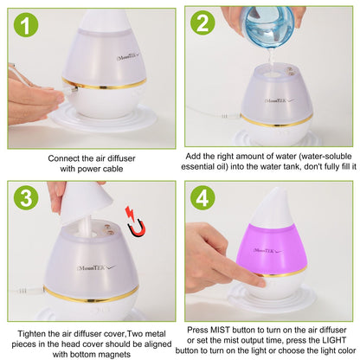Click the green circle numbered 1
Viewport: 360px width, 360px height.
pyautogui.click(x=26, y=24)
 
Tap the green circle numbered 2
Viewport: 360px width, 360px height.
pyautogui.click(x=202, y=22)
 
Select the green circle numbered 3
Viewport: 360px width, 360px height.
pyautogui.click(x=26, y=197)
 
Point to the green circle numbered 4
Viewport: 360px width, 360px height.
pyautogui.click(x=202, y=197)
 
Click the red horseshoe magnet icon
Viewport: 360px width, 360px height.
pyautogui.click(x=135, y=222)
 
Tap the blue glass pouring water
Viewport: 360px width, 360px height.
pyautogui.click(x=267, y=24)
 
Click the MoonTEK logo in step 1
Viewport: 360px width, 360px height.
pyautogui.click(x=128, y=55)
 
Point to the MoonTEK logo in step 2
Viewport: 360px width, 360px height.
pyautogui.click(x=280, y=100)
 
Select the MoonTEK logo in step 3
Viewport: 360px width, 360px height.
pyautogui.click(x=97, y=268)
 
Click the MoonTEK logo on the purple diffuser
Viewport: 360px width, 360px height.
pyautogui.click(x=267, y=251)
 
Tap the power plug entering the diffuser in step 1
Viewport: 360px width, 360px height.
pyautogui.click(x=71, y=91)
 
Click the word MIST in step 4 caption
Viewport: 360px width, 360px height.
pyautogui.click(x=221, y=330)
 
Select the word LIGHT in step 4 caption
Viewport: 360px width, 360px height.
pyautogui.click(x=334, y=340)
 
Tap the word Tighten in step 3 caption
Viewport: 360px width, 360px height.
pyautogui.click(x=31, y=334)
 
